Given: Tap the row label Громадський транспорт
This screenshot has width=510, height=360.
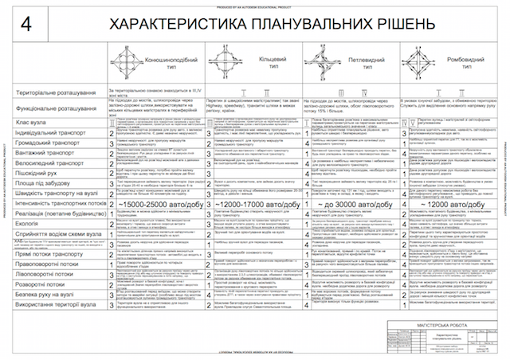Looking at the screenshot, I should coord(49,144).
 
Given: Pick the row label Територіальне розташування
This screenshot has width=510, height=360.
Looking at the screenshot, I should coord(60,94).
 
